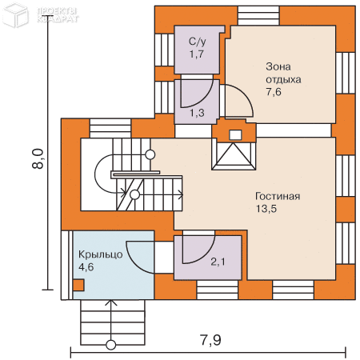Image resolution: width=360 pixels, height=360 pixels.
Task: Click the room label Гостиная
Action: coord(278,196)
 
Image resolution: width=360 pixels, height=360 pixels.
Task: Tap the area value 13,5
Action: coord(266,209)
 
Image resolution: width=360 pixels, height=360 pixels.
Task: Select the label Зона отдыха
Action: coord(283,73)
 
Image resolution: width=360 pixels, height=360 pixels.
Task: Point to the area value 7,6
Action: coord(274,92)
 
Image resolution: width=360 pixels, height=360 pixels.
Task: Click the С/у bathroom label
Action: coord(198,42)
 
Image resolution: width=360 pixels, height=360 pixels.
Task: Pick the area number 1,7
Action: coord(197,54)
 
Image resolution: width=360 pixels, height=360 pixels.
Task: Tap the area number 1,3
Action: coord(197,113)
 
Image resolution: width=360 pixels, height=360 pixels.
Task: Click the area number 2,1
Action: coord(218,262)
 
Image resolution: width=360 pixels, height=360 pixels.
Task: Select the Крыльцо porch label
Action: coord(101,254)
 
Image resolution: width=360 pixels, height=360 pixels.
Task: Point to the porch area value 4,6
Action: coord(86,267)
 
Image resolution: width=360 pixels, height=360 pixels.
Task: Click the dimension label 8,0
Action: coord(38,158)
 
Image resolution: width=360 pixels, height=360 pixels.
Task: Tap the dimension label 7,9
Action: coord(210,340)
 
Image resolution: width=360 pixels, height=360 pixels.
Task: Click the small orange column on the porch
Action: coord(78,285)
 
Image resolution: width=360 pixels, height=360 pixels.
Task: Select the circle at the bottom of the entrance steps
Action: coord(111,345)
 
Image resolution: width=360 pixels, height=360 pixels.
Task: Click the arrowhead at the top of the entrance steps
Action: coord(111,302)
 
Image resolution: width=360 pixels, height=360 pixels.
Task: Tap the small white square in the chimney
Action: coord(235,135)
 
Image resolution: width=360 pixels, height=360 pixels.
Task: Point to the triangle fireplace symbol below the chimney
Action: coord(234,156)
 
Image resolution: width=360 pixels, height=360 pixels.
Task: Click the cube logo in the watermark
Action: coord(15,14)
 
